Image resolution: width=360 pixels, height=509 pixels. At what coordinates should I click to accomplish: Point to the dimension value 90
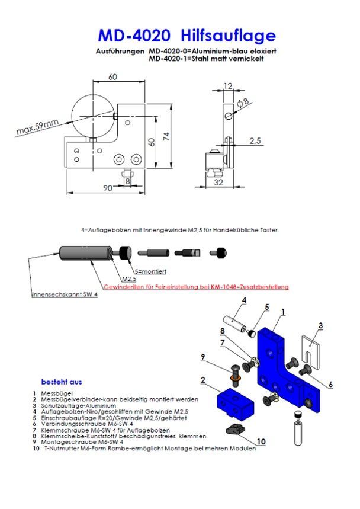pyautogui.click(x=108, y=188)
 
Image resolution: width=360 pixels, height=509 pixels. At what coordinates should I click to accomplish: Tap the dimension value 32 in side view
pyautogui.click(x=219, y=183)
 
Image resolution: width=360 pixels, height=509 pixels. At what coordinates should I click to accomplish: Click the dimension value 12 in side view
pyautogui.click(x=229, y=86)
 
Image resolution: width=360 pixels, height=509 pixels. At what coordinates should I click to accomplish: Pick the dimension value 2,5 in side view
pyautogui.click(x=255, y=141)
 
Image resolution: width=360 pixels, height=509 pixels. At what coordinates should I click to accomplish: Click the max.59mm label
pyautogui.click(x=38, y=127)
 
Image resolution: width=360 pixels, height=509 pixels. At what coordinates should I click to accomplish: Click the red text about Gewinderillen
pyautogui.click(x=196, y=287)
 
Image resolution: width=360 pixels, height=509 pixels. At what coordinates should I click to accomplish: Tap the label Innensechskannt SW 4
pyautogui.click(x=65, y=294)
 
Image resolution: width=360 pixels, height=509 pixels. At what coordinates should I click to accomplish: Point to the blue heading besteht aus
pyautogui.click(x=62, y=381)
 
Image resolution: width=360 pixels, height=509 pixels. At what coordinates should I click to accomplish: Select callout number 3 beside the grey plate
pyautogui.click(x=320, y=325)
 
